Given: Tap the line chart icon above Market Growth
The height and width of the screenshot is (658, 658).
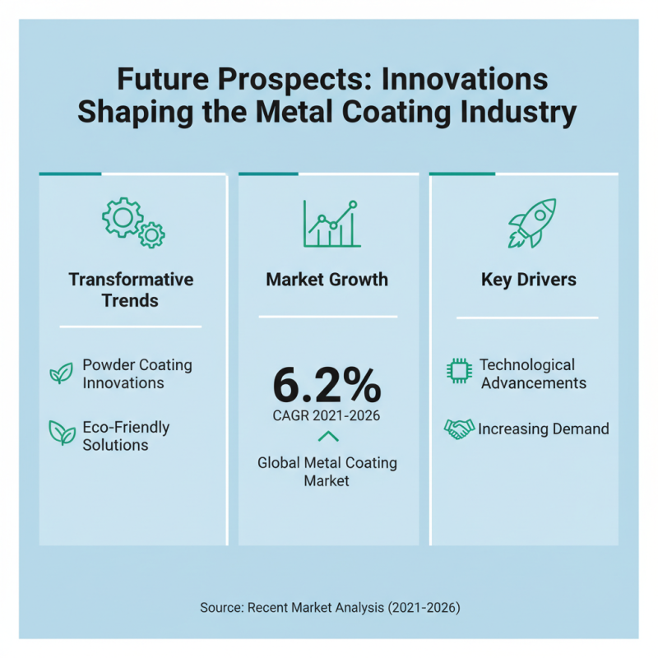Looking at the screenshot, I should point(331,224).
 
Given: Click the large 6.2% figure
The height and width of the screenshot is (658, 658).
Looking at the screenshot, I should point(327,384).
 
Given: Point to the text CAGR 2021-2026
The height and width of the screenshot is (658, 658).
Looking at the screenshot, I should point(327,416).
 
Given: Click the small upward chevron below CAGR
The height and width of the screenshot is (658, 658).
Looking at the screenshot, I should point(327,436).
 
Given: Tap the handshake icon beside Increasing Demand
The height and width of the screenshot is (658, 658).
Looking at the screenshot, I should point(459,429).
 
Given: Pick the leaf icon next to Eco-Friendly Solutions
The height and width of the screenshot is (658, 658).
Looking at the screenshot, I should point(61,432).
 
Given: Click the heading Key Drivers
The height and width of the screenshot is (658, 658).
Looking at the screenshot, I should point(528,280).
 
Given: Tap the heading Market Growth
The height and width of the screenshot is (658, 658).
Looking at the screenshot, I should point(327,280).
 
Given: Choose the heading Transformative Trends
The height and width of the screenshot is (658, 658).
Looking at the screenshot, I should point(131,290).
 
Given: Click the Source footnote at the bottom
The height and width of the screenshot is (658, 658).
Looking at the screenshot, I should point(330,608).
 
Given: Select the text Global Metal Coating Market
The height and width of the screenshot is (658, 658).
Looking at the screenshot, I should point(327,472).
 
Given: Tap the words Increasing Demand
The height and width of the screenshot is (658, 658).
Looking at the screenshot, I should point(544,429).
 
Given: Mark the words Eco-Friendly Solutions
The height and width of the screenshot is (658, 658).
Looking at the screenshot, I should point(126,436).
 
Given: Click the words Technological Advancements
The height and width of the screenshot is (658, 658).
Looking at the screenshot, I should point(533,373).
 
